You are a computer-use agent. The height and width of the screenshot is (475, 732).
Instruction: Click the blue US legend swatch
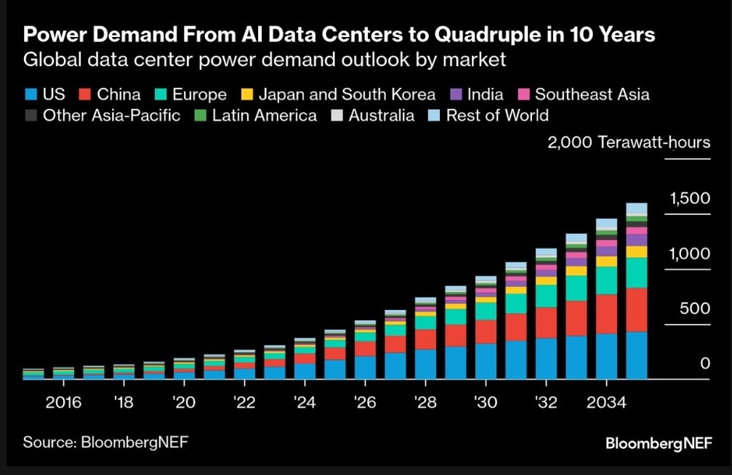click(31, 94)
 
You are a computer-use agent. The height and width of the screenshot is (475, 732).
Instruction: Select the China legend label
click(118, 94)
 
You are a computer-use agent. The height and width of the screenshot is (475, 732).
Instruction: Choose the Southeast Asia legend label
click(592, 94)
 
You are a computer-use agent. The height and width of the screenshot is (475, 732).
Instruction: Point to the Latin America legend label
click(264, 115)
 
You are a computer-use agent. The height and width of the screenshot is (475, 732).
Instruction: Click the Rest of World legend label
click(497, 115)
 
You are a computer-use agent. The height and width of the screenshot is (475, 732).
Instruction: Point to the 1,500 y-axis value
click(689, 198)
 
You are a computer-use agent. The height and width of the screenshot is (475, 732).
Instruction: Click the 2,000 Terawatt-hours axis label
click(629, 142)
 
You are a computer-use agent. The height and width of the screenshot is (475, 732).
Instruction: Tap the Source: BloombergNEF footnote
click(100, 442)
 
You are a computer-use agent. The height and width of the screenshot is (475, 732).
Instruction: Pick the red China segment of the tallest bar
click(637, 309)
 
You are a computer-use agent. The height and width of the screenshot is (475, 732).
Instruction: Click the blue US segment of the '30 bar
click(486, 361)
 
